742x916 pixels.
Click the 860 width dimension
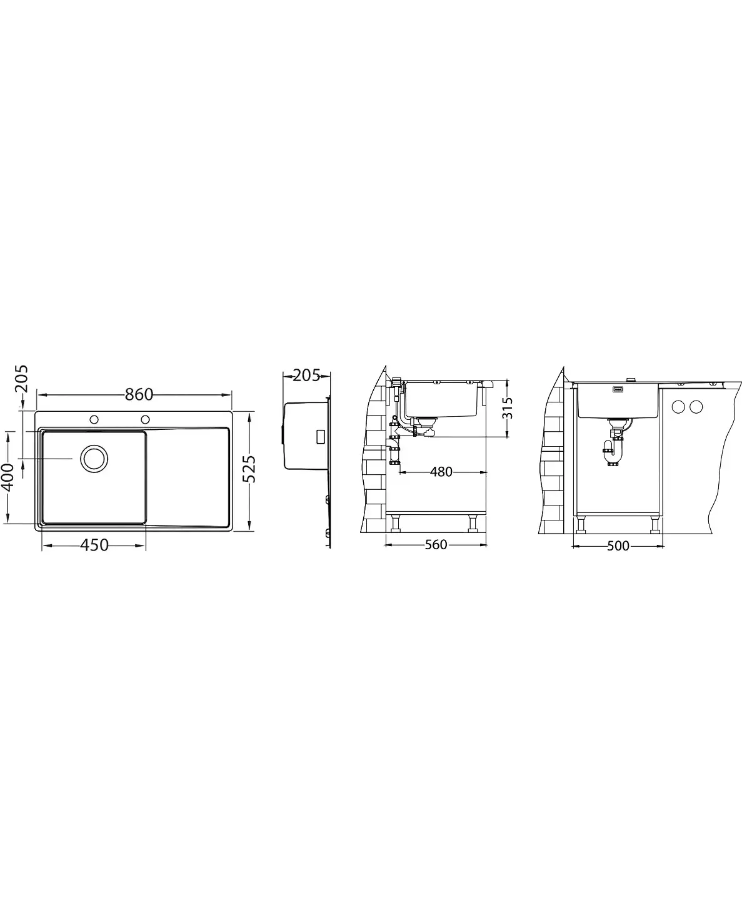point(139,394)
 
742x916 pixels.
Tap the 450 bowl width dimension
point(94,545)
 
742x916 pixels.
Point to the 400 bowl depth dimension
point(8,477)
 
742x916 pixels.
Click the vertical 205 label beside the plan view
point(21,379)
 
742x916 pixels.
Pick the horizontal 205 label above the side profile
point(306,376)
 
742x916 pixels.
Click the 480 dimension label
point(441,472)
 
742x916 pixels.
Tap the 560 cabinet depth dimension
point(436,545)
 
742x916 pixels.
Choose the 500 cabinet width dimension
point(618,545)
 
